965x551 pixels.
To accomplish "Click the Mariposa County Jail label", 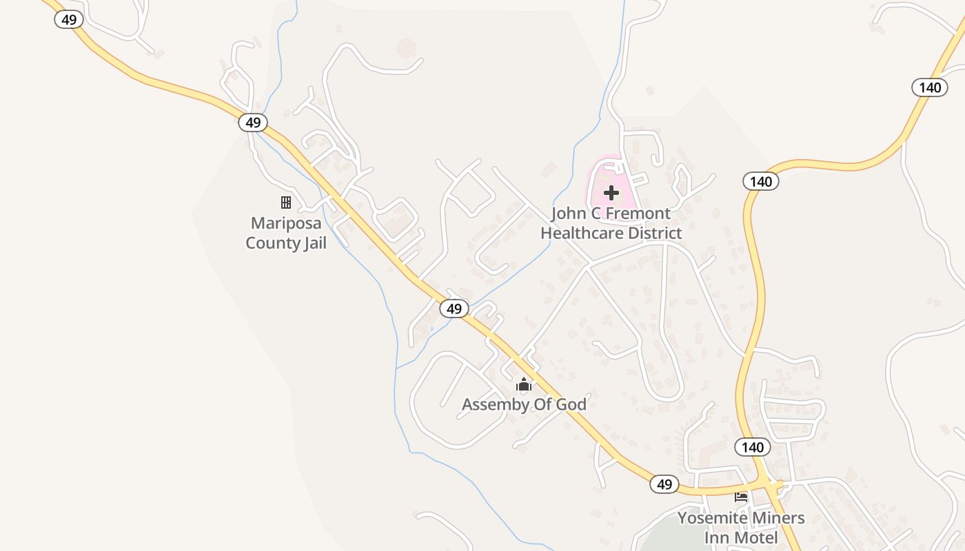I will [286, 233].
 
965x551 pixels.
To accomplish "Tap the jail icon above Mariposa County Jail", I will [285, 202].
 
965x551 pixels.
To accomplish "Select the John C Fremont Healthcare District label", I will [611, 223].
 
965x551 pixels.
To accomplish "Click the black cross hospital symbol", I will [611, 193].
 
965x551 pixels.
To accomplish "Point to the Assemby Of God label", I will [524, 404].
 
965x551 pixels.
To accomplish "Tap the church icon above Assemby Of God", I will [524, 384].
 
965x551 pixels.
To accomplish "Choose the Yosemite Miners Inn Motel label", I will [741, 528].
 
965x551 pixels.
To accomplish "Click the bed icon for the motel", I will [741, 497].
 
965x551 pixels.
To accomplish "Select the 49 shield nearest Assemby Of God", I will [454, 309].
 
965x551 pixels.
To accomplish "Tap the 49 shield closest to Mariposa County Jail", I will [253, 123].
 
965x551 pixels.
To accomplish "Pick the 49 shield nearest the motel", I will [664, 484].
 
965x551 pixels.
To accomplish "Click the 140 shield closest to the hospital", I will [761, 181].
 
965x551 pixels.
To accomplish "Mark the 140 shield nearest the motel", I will [753, 447].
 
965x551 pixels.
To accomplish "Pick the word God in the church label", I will [571, 404].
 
